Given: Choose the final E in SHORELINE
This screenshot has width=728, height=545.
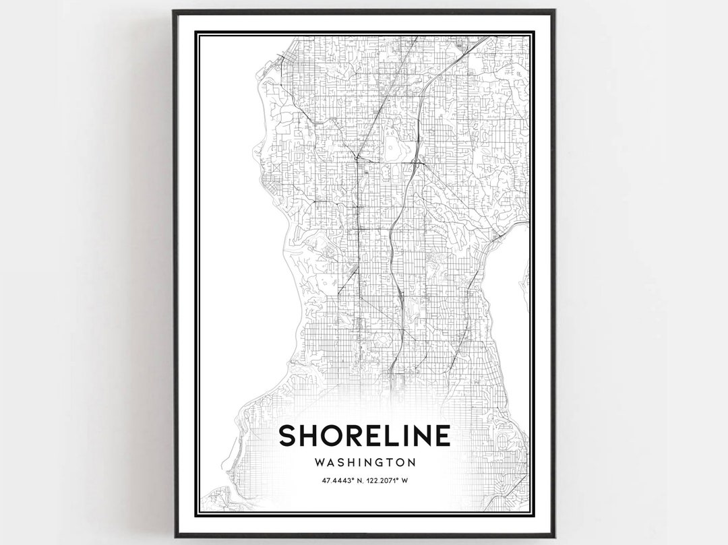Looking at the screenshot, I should (442, 435).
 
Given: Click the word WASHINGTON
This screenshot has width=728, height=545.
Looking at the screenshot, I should (364, 463).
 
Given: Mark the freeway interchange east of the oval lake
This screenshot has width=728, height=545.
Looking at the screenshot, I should (416, 162).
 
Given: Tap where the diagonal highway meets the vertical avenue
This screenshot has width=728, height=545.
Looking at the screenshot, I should (355, 158).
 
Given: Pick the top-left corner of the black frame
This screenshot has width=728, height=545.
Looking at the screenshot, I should (175, 11).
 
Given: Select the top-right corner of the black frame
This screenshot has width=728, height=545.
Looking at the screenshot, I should (553, 11).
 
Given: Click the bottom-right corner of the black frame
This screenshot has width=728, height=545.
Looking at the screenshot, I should (553, 536).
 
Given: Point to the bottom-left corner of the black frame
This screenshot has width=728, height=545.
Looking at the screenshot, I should (175, 536).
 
